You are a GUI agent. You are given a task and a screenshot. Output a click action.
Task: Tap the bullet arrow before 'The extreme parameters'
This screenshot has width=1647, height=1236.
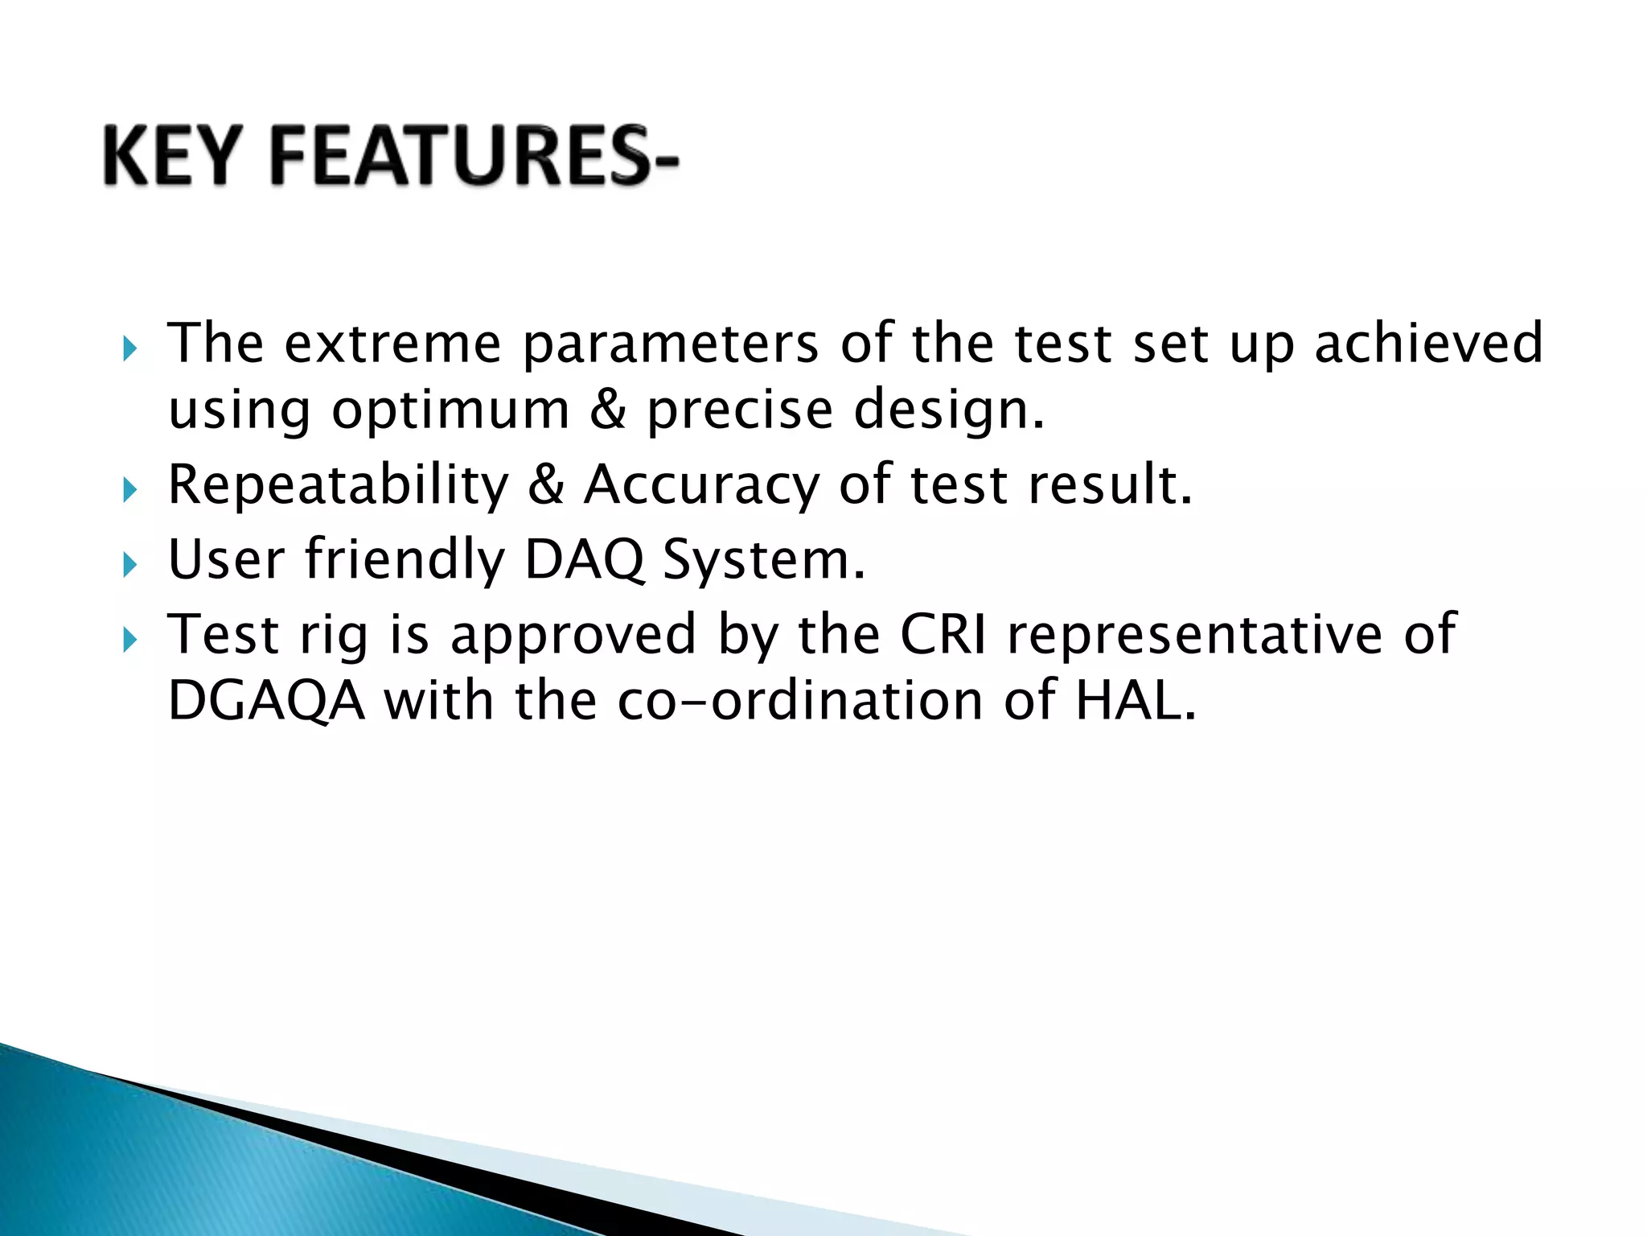click(130, 350)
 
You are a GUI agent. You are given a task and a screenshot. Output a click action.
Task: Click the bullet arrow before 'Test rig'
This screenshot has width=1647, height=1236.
click(130, 641)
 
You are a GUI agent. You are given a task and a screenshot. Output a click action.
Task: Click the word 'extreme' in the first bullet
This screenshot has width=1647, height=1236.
click(393, 344)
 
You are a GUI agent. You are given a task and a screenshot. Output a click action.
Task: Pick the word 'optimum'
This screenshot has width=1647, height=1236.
click(451, 412)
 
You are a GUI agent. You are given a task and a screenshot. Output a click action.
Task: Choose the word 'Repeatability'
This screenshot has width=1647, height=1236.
click(339, 487)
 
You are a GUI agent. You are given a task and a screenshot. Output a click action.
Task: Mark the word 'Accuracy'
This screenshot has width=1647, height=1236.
click(701, 487)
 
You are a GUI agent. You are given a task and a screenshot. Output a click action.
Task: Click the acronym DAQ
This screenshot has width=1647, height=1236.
click(585, 560)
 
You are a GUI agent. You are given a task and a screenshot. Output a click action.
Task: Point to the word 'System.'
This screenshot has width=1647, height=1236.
click(764, 562)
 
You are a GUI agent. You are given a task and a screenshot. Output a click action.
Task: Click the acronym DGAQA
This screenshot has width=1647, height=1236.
click(266, 702)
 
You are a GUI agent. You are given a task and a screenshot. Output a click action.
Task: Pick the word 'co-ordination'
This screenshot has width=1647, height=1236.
click(800, 702)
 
